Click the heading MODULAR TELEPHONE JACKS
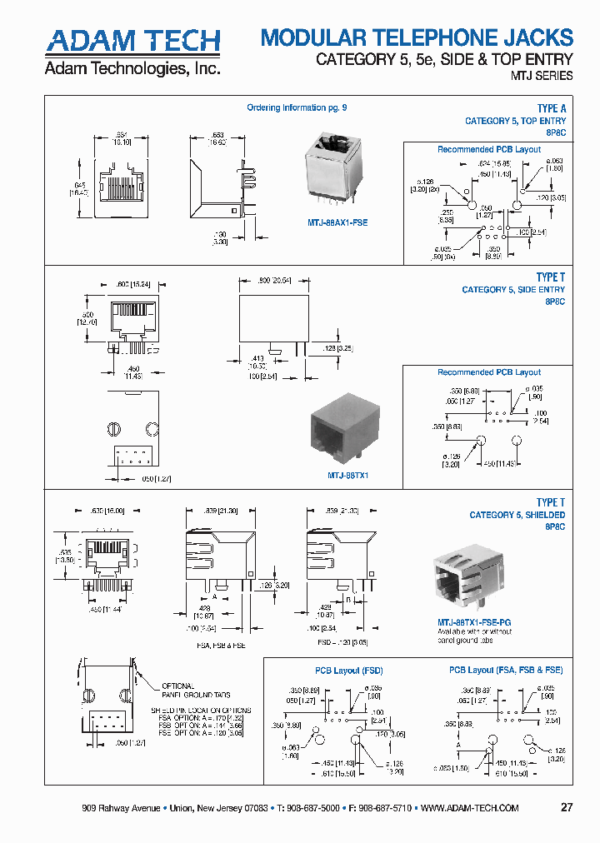(x=417, y=37)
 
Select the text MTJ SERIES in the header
(x=541, y=76)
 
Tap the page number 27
(x=567, y=808)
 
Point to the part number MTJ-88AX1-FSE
(x=332, y=222)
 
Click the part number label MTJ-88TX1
(x=347, y=475)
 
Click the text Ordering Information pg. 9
(x=297, y=107)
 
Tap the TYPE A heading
(x=551, y=109)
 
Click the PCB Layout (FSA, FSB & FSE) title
(x=506, y=670)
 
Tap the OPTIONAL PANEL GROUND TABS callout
(x=196, y=690)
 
